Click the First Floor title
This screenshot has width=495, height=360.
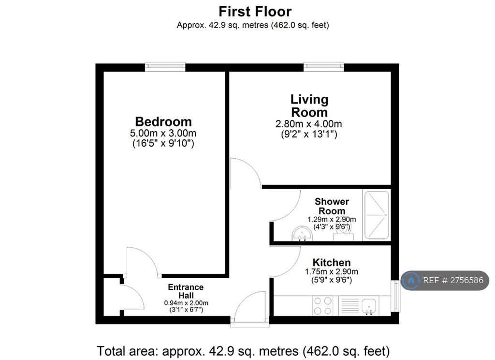pos(255,12)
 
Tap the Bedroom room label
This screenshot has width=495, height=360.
pos(163,121)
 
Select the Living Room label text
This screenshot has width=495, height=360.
pos(309,106)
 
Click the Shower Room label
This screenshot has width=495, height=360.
pos(332,206)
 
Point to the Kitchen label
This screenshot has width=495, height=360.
pos(332,262)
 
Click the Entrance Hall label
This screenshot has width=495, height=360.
pos(186,291)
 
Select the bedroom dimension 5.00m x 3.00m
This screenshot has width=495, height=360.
pos(163,133)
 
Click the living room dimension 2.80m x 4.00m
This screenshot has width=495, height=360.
pos(309,124)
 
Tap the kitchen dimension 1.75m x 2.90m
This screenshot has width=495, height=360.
pos(332,271)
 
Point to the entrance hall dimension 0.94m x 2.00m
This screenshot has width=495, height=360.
pos(186,303)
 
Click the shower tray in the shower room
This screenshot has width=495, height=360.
pos(377,215)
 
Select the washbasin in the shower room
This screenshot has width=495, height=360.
pos(302,234)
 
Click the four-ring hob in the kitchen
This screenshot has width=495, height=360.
pos(322,306)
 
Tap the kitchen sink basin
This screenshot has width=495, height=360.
pos(369,306)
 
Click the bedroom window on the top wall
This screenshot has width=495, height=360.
pos(165,66)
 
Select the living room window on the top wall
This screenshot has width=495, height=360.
pos(324,66)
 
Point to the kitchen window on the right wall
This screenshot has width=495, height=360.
pos(395,296)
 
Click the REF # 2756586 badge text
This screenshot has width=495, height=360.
pos(453,280)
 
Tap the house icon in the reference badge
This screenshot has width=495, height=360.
pos(411,280)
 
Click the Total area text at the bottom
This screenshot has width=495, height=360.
pos(243,351)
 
